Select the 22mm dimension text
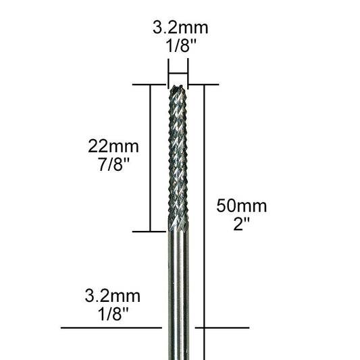[x=113, y=146]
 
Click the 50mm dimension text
[x=241, y=206]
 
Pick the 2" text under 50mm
[x=241, y=224]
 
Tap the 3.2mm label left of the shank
[x=113, y=295]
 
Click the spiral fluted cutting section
[x=178, y=155]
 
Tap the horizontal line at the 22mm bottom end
[x=149, y=232]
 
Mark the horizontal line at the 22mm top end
[x=149, y=84]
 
